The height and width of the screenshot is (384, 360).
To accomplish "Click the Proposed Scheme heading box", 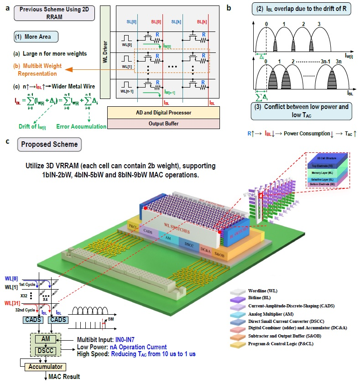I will pos(48,145).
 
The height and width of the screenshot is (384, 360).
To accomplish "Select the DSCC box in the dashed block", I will pos(45,352).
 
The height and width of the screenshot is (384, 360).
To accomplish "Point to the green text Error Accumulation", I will pos(81,126).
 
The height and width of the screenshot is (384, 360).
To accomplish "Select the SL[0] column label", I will pos(131,23).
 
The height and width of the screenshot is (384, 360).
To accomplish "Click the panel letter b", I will pos(228,8).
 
